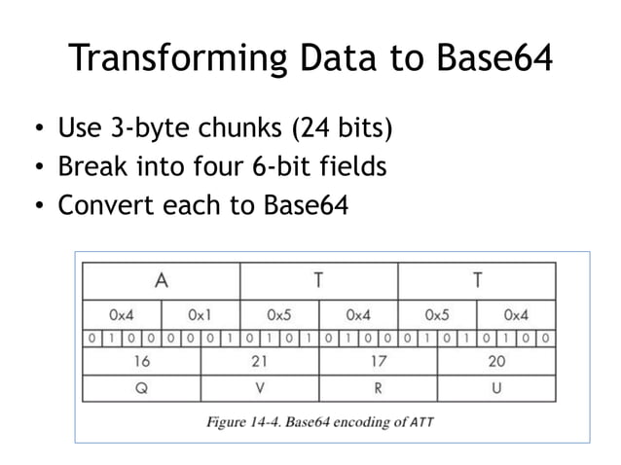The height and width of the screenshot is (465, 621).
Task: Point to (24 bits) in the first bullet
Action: pyautogui.click(x=351, y=129)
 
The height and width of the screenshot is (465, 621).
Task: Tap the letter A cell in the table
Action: pyautogui.click(x=161, y=281)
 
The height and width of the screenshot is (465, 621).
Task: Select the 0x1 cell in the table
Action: pyautogui.click(x=201, y=315)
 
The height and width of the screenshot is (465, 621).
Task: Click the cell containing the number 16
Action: pyautogui.click(x=141, y=362)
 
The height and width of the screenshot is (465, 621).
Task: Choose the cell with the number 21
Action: pyautogui.click(x=260, y=362)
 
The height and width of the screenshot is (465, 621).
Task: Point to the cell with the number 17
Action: pyautogui.click(x=378, y=362)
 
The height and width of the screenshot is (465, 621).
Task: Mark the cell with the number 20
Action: pyautogui.click(x=496, y=362)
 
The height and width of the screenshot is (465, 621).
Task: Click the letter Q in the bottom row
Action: pyautogui.click(x=141, y=388)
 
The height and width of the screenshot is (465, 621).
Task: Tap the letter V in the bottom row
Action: pyautogui.click(x=260, y=388)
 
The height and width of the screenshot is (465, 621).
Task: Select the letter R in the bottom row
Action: pyautogui.click(x=378, y=388)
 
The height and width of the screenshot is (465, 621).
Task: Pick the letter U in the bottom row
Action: pyautogui.click(x=496, y=388)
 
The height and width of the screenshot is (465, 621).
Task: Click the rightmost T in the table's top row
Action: pyautogui.click(x=477, y=281)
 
